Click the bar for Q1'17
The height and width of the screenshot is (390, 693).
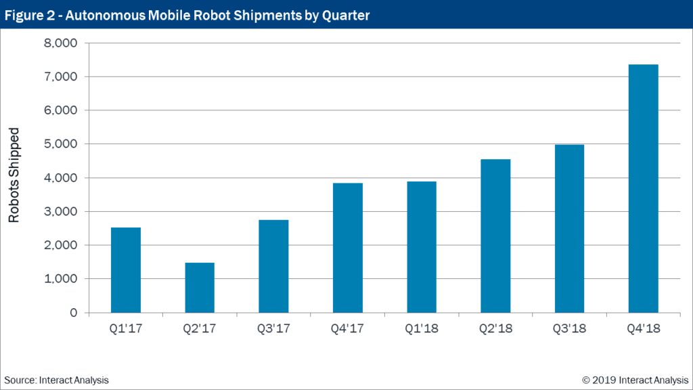pyautogui.click(x=126, y=270)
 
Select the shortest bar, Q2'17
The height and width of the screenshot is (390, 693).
pyautogui.click(x=200, y=288)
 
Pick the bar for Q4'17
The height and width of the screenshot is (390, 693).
pyautogui.click(x=347, y=248)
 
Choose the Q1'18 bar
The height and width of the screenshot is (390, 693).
pyautogui.click(x=422, y=247)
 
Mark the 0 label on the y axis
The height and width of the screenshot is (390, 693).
pyautogui.click(x=73, y=313)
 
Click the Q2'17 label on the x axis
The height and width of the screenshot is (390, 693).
pyautogui.click(x=200, y=329)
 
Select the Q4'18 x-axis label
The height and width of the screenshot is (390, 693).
pyautogui.click(x=643, y=329)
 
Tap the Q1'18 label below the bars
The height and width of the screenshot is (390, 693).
pyautogui.click(x=422, y=329)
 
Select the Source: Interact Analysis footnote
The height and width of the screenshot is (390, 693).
pyautogui.click(x=56, y=380)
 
